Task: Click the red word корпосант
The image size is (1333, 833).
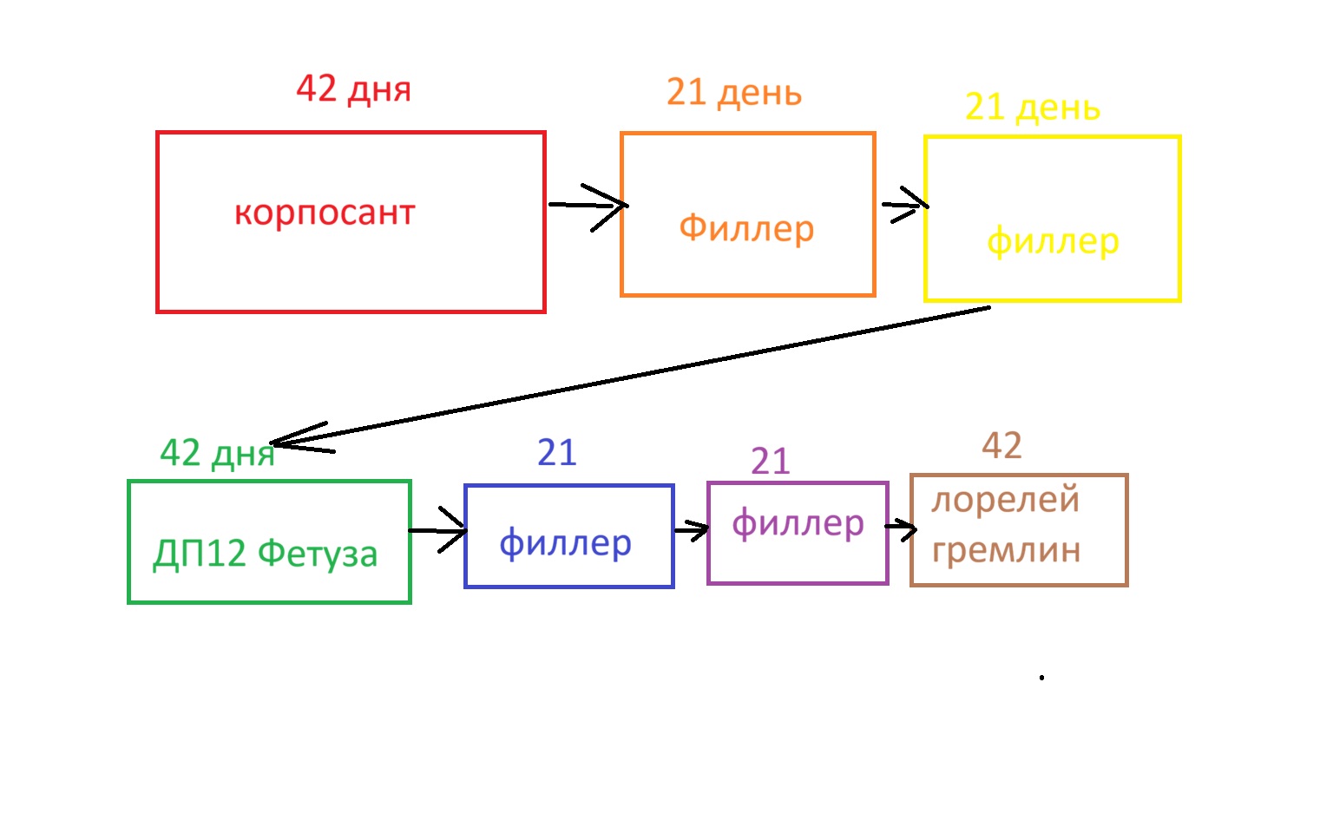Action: tap(325, 213)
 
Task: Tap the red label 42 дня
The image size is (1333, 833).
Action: tap(353, 89)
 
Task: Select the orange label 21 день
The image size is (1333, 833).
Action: tap(733, 92)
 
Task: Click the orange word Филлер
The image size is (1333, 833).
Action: tap(746, 228)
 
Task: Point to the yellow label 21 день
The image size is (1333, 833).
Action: tap(1032, 107)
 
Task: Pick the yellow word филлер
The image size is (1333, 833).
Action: tap(1053, 241)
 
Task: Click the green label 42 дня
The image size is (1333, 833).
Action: tap(217, 453)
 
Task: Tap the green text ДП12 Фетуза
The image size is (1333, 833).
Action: tap(266, 554)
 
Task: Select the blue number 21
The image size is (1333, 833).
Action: tap(556, 452)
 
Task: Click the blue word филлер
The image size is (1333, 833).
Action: tap(565, 543)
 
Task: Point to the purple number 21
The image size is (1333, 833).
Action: tap(770, 461)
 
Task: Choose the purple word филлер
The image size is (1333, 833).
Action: tap(798, 523)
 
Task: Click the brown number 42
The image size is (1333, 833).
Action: tap(1001, 445)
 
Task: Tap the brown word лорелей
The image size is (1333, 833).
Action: tap(1005, 500)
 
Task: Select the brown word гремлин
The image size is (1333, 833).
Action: tap(1006, 550)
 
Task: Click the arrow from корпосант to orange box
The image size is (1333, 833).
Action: tap(588, 206)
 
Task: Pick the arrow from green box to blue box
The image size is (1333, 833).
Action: tap(438, 529)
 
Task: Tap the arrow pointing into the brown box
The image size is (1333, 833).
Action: tap(901, 527)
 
